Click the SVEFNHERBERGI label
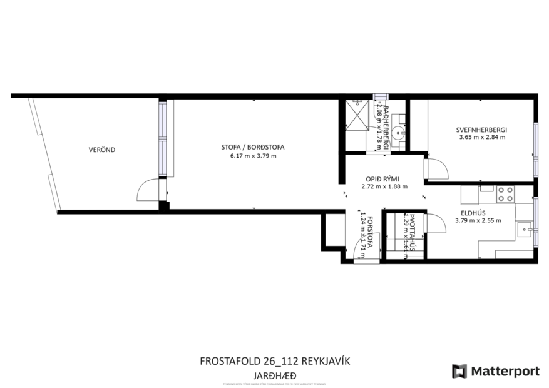[481, 130]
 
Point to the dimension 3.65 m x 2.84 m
[481, 137]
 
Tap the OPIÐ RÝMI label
[384, 178]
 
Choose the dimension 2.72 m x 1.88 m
[384, 186]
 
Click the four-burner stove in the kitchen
[505, 194]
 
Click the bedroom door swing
[435, 168]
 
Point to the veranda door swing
[148, 190]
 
